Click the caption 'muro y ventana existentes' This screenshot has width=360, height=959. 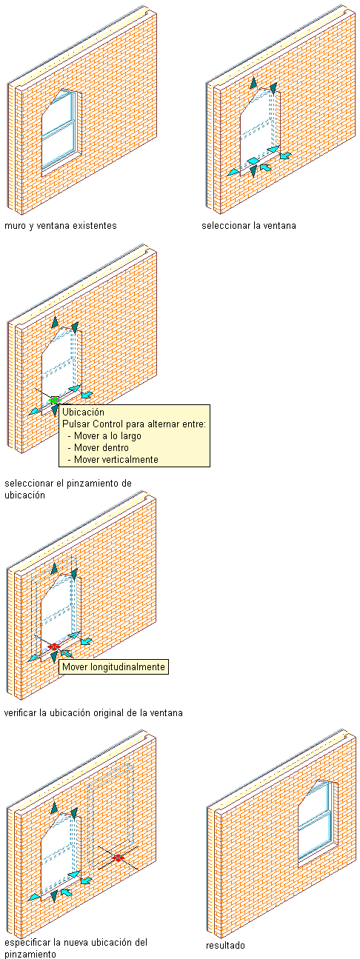[60, 226]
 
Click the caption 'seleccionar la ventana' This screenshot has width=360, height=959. [249, 226]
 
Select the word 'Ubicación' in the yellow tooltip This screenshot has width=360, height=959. [83, 412]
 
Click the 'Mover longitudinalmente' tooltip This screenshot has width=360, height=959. [113, 666]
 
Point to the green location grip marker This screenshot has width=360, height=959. [54, 401]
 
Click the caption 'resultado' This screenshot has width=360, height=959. [225, 945]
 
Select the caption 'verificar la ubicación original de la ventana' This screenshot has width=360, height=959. [93, 713]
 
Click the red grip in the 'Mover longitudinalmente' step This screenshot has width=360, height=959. [54, 646]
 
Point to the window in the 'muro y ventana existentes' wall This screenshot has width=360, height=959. [61, 130]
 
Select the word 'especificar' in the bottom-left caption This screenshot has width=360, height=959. [27, 942]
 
